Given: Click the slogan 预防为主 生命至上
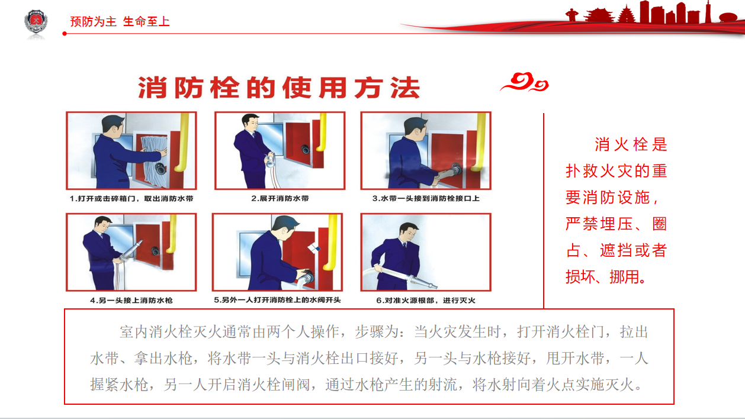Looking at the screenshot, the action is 120,21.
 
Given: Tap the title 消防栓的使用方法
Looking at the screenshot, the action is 279,88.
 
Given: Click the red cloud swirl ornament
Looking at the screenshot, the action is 525,82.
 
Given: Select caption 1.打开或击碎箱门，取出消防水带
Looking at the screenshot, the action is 131,199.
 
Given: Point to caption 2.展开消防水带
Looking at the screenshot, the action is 280,198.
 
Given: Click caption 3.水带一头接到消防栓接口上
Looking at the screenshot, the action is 426,198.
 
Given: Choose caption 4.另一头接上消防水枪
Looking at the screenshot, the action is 131,301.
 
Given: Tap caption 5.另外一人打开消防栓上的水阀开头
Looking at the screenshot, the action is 277,300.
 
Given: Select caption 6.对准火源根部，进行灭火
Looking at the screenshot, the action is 426,301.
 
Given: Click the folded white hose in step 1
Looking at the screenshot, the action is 153,160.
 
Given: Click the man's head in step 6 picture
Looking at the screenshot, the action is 408,231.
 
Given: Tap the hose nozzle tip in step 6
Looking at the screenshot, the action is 434,286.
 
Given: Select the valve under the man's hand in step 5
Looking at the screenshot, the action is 307,276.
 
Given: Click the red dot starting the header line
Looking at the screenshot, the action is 65,34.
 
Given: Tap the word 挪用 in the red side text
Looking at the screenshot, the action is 624,277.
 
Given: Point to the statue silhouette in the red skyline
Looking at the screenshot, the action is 571,15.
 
